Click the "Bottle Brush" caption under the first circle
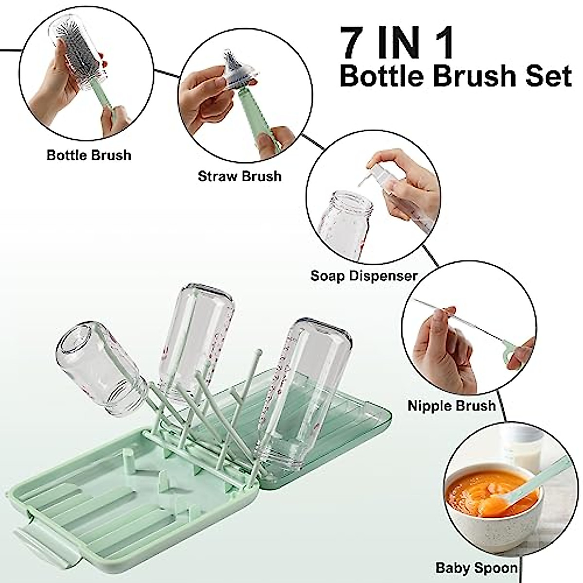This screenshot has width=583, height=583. click(89, 155)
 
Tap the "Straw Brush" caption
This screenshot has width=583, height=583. click(240, 175)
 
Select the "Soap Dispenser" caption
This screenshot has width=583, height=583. click(364, 276)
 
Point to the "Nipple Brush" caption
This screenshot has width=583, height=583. click(451, 406)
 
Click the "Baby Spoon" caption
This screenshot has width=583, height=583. click(476, 567)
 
